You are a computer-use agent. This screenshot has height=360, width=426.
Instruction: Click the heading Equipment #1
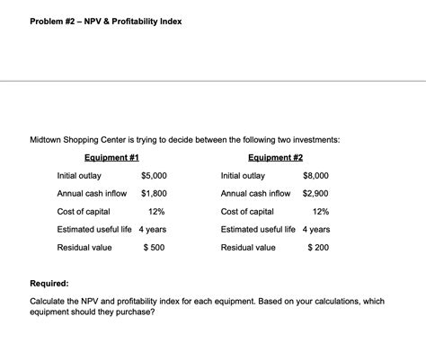(111, 157)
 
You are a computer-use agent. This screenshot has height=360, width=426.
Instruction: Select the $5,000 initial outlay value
(154, 175)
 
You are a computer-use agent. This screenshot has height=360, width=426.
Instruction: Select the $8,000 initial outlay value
(316, 175)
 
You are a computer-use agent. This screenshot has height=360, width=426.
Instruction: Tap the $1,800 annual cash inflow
(154, 193)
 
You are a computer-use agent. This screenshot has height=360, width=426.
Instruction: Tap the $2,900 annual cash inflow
(315, 193)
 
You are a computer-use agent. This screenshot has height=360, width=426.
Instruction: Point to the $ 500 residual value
(154, 247)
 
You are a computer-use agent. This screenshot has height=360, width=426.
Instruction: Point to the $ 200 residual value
(317, 247)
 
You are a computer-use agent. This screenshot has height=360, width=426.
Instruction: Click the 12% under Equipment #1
(156, 211)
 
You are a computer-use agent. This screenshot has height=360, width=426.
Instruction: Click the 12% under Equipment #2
(320, 211)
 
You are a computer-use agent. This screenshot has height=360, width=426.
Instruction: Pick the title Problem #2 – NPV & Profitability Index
(106, 21)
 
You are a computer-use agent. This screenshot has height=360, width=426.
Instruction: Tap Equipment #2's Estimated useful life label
(258, 229)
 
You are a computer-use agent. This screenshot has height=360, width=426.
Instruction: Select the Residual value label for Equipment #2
(248, 247)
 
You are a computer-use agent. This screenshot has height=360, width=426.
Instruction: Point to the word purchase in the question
(135, 312)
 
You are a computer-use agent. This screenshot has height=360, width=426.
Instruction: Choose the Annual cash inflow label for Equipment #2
(255, 193)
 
